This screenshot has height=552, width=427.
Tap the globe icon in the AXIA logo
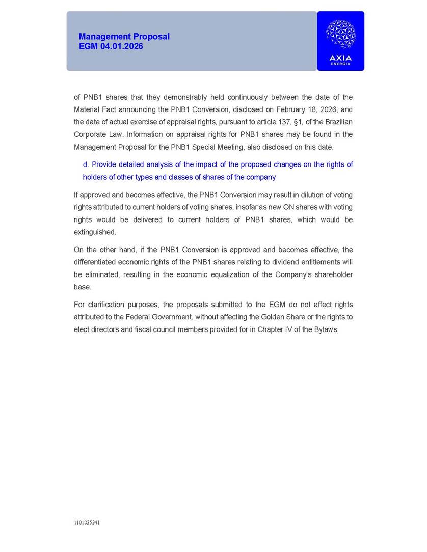(x=340, y=35)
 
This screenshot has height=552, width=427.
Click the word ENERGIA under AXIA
(x=340, y=64)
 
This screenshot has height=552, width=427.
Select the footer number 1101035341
(x=87, y=522)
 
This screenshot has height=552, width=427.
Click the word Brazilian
(x=336, y=122)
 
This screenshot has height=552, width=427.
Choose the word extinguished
(x=95, y=232)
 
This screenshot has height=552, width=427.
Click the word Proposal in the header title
(x=151, y=37)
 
